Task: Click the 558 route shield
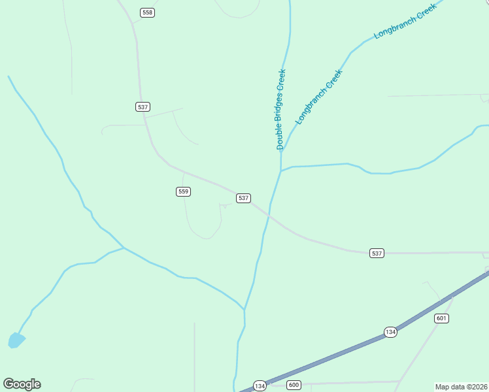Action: (148, 12)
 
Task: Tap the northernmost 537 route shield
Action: (143, 106)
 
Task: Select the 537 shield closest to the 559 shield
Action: (243, 198)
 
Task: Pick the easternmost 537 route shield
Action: (376, 253)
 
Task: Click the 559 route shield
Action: (183, 191)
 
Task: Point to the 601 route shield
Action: (441, 318)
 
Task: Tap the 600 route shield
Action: (294, 385)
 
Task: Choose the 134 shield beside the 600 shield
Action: (260, 385)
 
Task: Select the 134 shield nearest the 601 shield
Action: (390, 332)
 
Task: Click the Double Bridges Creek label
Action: (281, 109)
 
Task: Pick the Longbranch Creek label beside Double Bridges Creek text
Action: (319, 97)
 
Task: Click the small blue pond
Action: (16, 340)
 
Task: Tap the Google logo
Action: (22, 384)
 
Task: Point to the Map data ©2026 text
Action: (461, 387)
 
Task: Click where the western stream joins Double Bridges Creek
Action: (244, 309)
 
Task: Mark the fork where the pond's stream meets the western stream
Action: (124, 248)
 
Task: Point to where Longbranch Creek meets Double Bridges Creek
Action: (282, 152)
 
